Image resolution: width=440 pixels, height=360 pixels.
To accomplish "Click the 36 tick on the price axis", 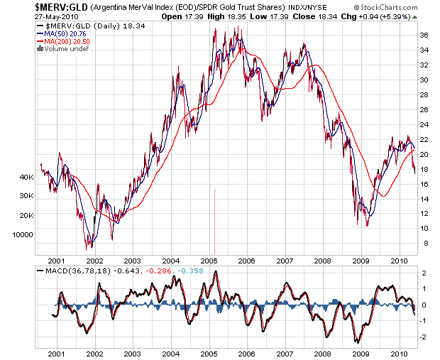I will click(423, 36).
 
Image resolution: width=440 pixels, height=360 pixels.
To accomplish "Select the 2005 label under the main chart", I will click(208, 260).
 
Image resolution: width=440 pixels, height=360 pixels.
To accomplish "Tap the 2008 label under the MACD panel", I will click(323, 353).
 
